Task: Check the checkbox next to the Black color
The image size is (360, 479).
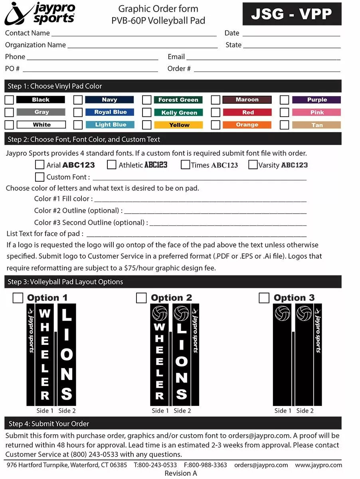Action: (x=9, y=100)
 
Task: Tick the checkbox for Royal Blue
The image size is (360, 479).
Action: (x=78, y=112)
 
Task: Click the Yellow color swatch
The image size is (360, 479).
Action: (x=179, y=125)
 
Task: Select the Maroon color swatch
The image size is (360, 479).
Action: (x=247, y=100)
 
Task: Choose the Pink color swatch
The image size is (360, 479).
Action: (x=316, y=113)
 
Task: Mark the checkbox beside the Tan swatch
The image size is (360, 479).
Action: (x=285, y=125)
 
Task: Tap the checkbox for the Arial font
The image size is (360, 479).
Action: (x=40, y=164)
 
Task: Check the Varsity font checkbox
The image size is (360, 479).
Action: (x=253, y=164)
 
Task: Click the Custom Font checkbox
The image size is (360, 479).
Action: (x=40, y=176)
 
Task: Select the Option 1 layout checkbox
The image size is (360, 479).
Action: (x=18, y=298)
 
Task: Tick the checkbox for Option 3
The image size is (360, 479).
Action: (x=264, y=298)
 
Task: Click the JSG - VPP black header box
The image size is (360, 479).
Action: (x=292, y=14)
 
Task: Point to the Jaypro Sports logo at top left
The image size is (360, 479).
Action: (x=40, y=13)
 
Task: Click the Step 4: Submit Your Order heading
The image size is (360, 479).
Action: (x=49, y=424)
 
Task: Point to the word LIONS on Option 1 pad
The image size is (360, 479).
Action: (x=67, y=354)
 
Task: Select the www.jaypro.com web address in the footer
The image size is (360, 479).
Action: (x=318, y=465)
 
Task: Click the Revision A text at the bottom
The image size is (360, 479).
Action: (x=181, y=473)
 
